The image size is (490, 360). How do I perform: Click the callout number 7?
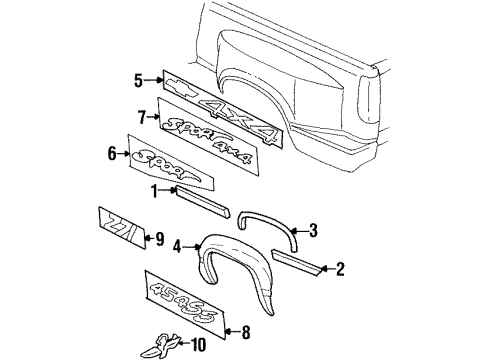click(x=142, y=116)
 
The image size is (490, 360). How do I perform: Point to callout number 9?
click(x=158, y=238)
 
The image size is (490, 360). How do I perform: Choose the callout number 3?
click(x=313, y=232)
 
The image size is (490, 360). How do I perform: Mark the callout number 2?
click(x=341, y=269)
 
